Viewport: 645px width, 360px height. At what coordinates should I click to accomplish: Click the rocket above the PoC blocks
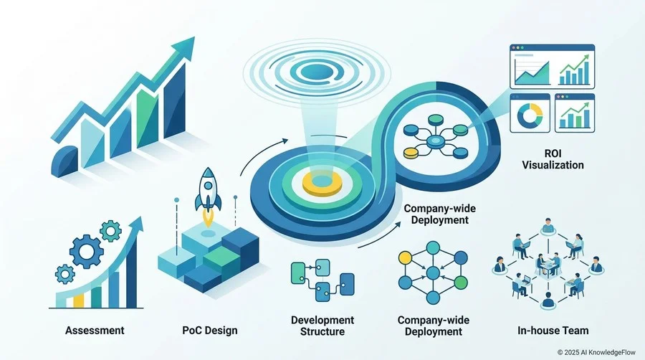coord(208,194)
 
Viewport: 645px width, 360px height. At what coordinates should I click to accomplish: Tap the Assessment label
coord(95,330)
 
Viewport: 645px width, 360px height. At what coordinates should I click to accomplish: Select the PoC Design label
coord(210,330)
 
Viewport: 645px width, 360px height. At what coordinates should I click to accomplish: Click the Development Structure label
coord(322,326)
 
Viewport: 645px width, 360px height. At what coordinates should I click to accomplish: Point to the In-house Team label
coord(553,330)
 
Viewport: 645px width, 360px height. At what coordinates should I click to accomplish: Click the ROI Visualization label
coord(553,159)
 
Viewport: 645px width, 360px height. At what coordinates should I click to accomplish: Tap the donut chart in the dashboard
coord(530,115)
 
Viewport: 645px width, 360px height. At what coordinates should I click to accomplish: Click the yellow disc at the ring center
coord(322,183)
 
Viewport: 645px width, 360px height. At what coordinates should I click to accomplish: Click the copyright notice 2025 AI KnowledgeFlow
coord(596,352)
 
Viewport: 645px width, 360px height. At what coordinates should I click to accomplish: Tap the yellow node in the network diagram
coord(405,258)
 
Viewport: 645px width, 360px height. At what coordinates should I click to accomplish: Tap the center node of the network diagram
coord(433,273)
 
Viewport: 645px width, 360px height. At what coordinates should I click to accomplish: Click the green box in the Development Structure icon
coord(298,273)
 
